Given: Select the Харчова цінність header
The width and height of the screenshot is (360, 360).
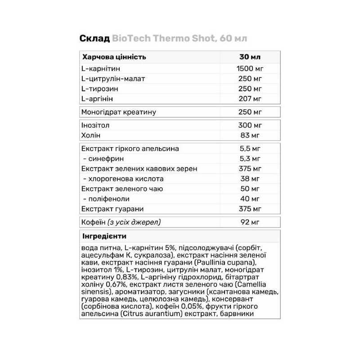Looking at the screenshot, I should [x=114, y=57].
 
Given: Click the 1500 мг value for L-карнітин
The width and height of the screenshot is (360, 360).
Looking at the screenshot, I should [x=249, y=68].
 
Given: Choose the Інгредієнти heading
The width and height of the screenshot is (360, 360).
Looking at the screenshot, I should [x=104, y=236].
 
